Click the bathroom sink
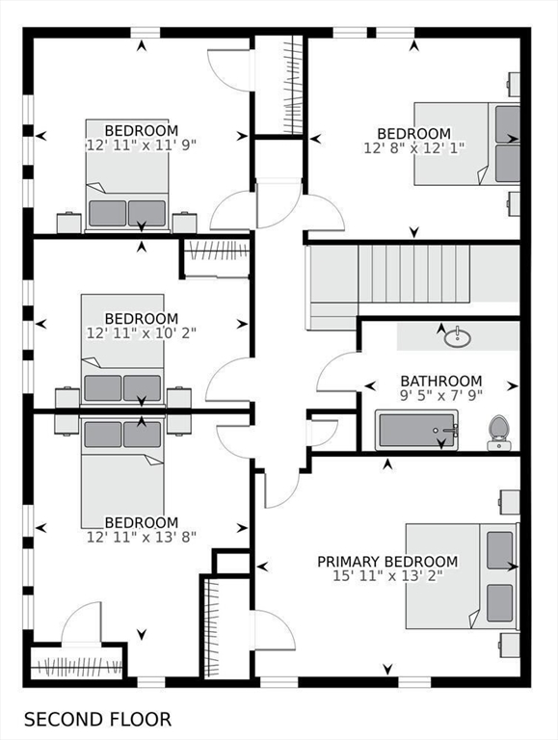(x=458, y=337)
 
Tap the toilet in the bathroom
(x=497, y=433)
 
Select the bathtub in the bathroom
(x=416, y=430)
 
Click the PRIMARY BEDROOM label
(x=387, y=562)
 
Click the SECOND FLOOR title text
(x=97, y=719)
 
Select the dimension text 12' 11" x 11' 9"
(x=141, y=145)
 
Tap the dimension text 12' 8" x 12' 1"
(x=414, y=148)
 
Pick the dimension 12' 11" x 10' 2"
(x=141, y=333)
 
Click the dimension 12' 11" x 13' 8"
(x=141, y=537)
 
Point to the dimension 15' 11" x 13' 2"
(x=387, y=576)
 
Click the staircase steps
(x=414, y=274)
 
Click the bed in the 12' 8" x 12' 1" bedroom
(x=466, y=144)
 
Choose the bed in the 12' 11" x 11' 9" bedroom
(x=127, y=175)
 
